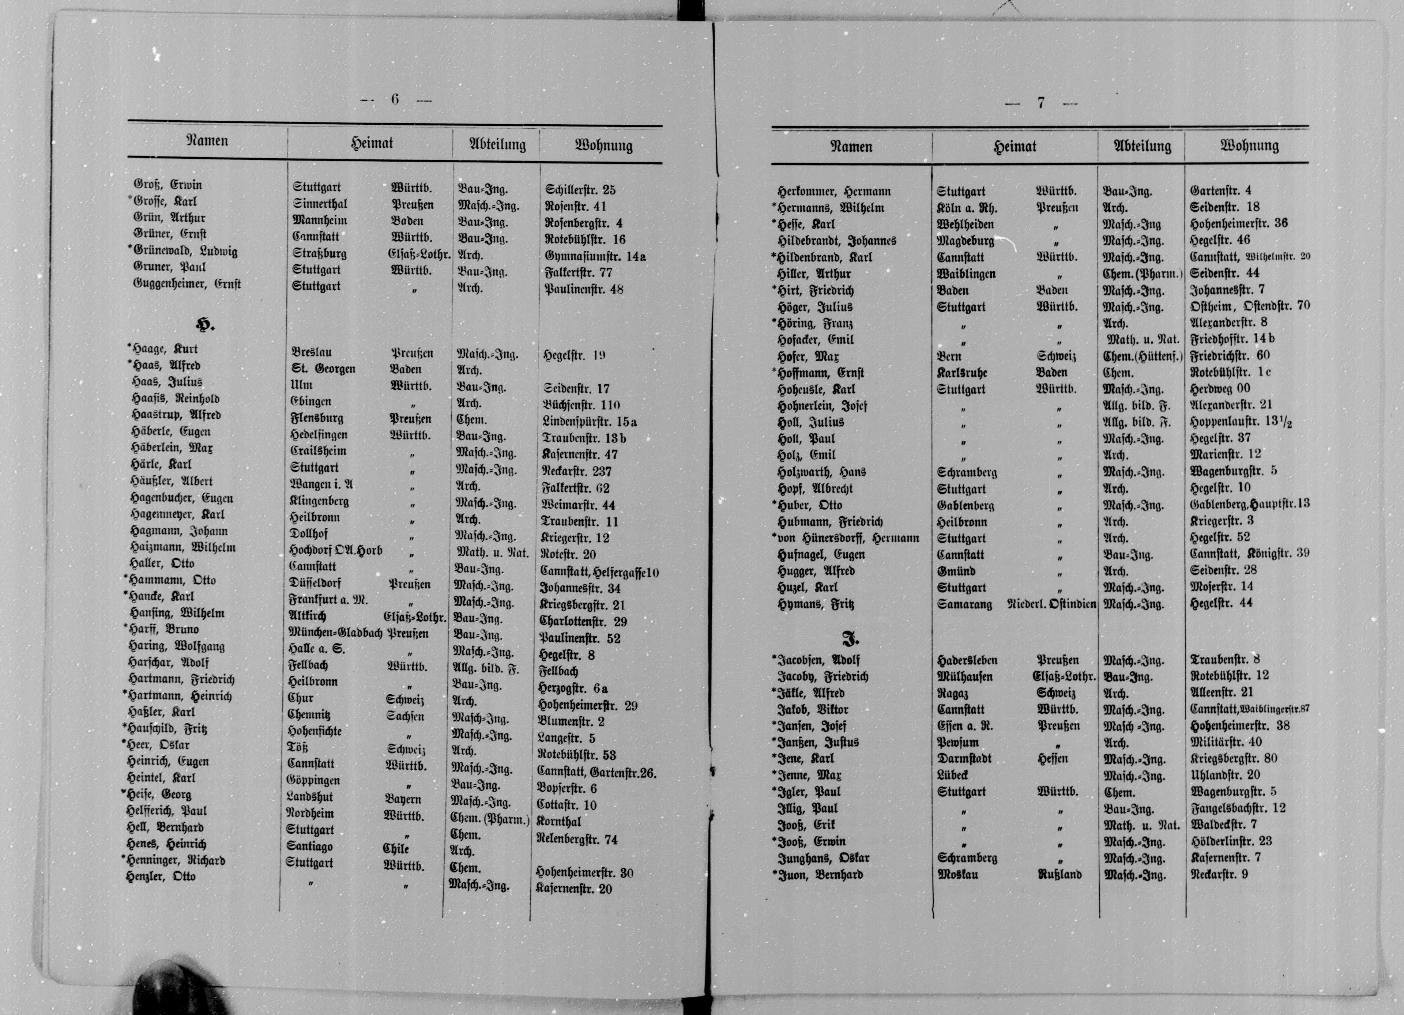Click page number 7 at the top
click(1040, 103)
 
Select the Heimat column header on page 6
click(372, 144)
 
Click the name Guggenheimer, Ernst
click(187, 284)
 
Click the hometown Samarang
click(964, 604)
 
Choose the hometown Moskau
click(958, 875)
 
